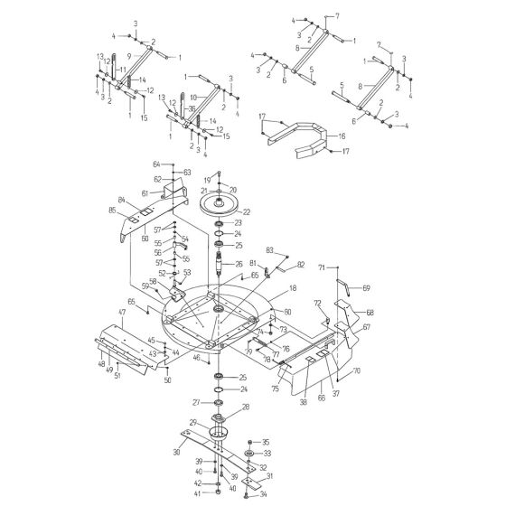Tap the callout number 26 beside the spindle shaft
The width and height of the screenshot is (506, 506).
tap(239, 264)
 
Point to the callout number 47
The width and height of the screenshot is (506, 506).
tap(121, 312)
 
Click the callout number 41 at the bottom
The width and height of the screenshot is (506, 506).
tap(199, 494)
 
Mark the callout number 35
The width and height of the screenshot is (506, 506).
tap(266, 442)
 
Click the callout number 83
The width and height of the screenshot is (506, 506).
tap(269, 249)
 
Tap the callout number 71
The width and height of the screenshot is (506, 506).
tap(321, 267)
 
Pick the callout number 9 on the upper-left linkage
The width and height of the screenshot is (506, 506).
tap(129, 56)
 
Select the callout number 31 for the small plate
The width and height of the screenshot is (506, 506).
tap(268, 476)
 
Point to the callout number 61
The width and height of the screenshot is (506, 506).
tap(144, 192)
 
